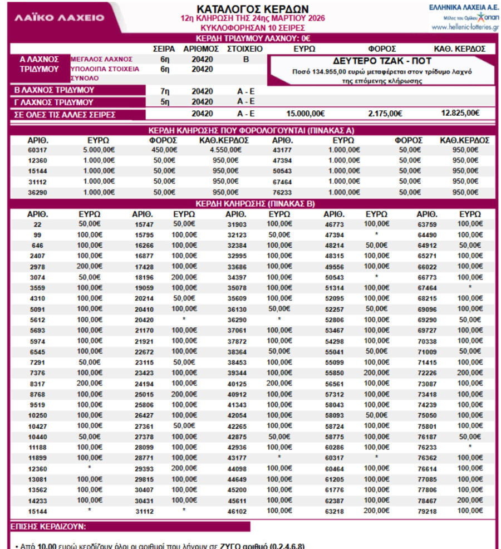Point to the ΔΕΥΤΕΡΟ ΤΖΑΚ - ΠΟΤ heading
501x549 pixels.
pyautogui.click(x=382, y=61)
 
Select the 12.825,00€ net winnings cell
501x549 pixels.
pyautogui.click(x=460, y=113)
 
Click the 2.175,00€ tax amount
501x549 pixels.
pyautogui.click(x=385, y=114)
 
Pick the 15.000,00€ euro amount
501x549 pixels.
pyautogui.click(x=305, y=114)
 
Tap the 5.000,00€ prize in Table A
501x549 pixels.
pyautogui.click(x=99, y=150)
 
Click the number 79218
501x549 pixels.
pyautogui.click(x=428, y=510)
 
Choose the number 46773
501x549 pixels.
pyautogui.click(x=334, y=224)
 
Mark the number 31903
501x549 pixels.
pyautogui.click(x=237, y=224)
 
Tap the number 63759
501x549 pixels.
pyautogui.click(x=428, y=224)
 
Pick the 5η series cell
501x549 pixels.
pyautogui.click(x=164, y=102)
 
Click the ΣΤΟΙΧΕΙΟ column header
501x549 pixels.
pyautogui.click(x=245, y=49)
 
